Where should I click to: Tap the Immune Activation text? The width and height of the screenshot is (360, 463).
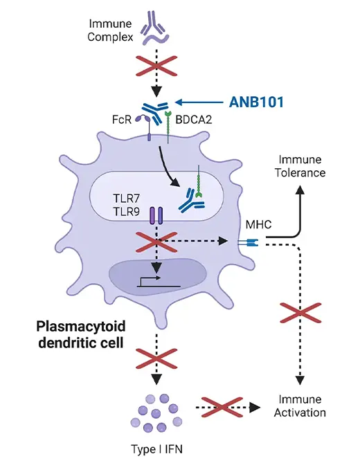tap(302, 406)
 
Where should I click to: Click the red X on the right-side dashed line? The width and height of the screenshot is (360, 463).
tap(300, 314)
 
